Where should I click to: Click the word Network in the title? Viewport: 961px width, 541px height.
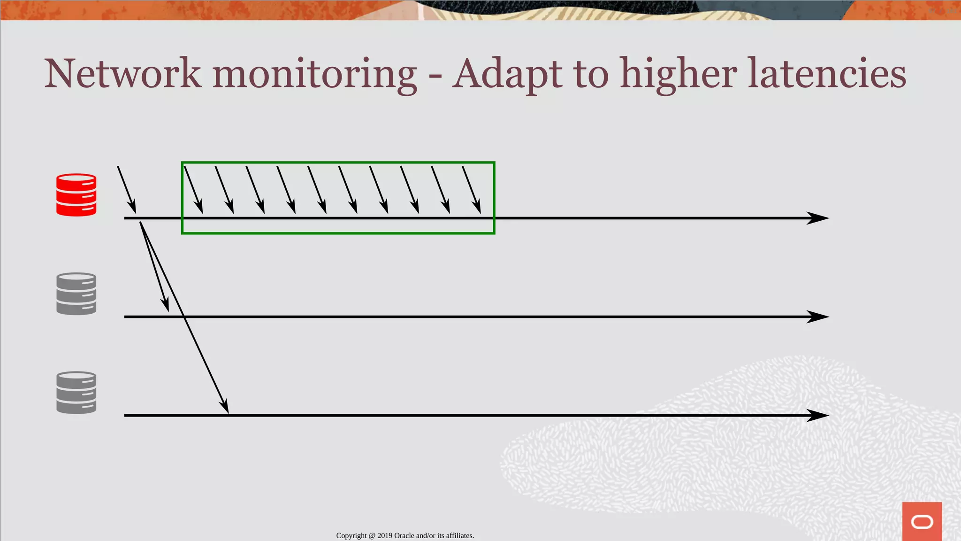[x=123, y=74]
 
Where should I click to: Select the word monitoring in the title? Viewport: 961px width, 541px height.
[x=314, y=75]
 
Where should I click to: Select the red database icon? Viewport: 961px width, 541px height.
[x=76, y=195]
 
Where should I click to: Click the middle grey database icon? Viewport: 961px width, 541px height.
[x=76, y=294]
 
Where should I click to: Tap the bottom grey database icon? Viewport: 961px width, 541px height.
[x=76, y=393]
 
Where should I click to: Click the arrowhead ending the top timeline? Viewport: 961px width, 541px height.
[x=817, y=218]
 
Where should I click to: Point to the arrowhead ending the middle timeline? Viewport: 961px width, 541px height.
[x=817, y=317]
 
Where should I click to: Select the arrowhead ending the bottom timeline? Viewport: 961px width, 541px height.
[x=817, y=416]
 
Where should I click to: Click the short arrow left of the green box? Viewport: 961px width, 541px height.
[x=127, y=190]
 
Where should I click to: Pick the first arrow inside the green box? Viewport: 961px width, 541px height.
[x=193, y=190]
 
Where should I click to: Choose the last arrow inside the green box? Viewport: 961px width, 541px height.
[x=472, y=190]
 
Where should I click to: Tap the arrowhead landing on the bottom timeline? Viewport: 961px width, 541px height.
[x=225, y=406]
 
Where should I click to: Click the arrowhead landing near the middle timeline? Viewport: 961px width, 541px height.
[x=165, y=304]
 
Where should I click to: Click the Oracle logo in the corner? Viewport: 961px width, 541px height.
[x=922, y=521]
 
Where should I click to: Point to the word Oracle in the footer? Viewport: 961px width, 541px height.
[x=404, y=536]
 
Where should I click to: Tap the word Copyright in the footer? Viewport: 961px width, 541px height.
[x=351, y=536]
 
